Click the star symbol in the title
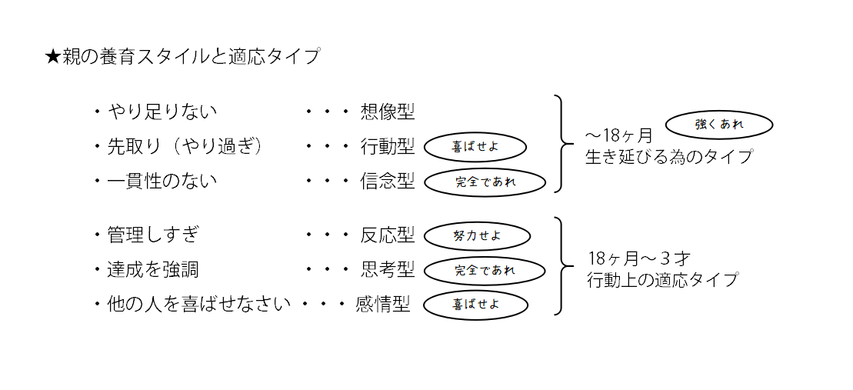(x=52, y=57)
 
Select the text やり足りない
(x=162, y=112)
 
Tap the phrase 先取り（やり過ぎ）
(x=185, y=146)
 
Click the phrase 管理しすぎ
(x=151, y=235)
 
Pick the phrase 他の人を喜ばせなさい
(x=198, y=304)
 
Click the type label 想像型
(x=388, y=112)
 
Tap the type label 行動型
(x=388, y=146)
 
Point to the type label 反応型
(x=388, y=235)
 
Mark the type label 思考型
(x=388, y=269)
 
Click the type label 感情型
(x=382, y=304)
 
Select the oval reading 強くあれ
(x=718, y=124)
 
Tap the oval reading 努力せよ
(x=477, y=236)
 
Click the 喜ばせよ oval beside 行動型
(x=475, y=146)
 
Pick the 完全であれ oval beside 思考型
(x=485, y=270)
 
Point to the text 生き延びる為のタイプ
(x=668, y=157)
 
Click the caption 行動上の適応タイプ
(x=662, y=280)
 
